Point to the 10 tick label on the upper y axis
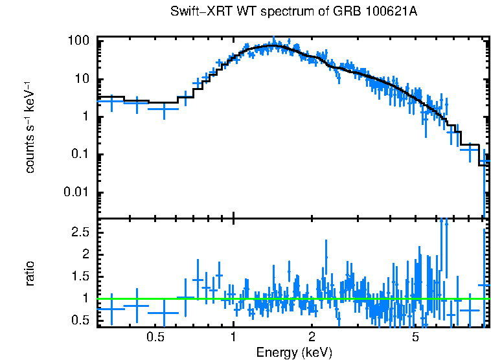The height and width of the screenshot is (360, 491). (x=83, y=80)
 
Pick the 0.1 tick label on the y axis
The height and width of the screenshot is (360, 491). (x=82, y=155)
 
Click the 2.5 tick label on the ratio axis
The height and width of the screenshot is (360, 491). (x=81, y=232)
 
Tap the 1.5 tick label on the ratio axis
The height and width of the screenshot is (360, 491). (x=81, y=276)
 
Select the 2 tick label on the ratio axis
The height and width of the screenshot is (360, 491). (x=86, y=254)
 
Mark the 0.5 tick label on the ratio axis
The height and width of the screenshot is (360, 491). (x=81, y=321)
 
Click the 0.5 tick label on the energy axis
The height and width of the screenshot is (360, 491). (x=155, y=338)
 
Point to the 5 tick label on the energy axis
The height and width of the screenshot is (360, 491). (x=415, y=338)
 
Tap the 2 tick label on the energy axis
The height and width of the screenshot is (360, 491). (x=312, y=338)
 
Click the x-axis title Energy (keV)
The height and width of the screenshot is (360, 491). (x=294, y=352)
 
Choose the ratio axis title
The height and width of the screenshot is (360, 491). (x=30, y=273)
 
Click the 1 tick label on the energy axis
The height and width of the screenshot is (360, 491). (x=233, y=338)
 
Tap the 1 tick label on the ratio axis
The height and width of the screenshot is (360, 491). (x=86, y=298)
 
